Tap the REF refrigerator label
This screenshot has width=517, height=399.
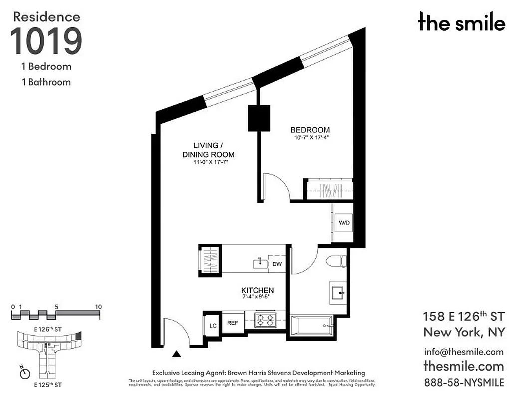233,323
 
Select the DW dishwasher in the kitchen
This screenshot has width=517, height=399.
277,264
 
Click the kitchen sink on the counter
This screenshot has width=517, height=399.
260,263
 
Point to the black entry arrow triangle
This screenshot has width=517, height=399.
176,355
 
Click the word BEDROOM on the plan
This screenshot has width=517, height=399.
310,130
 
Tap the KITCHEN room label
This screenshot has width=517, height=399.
258,290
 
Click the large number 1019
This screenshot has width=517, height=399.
46,41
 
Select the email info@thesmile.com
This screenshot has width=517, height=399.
464,351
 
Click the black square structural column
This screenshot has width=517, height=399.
259,118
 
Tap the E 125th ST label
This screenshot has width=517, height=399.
48,385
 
